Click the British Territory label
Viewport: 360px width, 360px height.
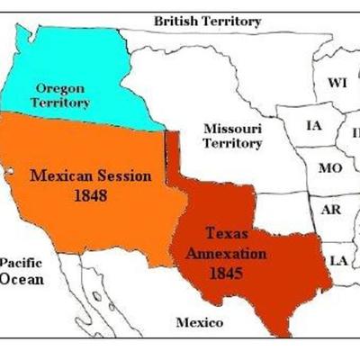[207, 21]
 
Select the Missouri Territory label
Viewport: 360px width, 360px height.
[232, 136]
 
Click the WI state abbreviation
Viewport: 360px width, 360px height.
[337, 83]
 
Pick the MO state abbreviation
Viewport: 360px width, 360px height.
[329, 168]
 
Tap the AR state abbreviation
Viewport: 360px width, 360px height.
[330, 210]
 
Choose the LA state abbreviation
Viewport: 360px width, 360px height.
[338, 260]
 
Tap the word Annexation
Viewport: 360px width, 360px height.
[225, 253]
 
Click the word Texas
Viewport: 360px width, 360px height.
[226, 234]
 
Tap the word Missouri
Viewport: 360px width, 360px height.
[232, 128]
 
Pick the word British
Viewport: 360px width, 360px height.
[176, 21]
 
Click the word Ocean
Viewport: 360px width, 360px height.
[21, 278]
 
